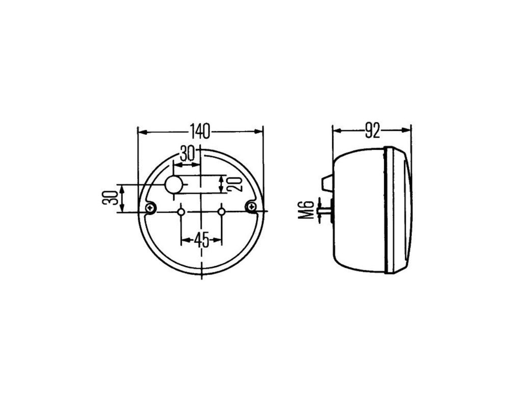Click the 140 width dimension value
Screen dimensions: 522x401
200,131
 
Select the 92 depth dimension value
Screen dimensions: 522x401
372,131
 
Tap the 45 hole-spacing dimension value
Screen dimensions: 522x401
201,239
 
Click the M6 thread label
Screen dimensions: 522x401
306,209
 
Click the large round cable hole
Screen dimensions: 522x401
174,184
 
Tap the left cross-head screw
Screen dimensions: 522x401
151,208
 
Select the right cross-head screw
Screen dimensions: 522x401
251,207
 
